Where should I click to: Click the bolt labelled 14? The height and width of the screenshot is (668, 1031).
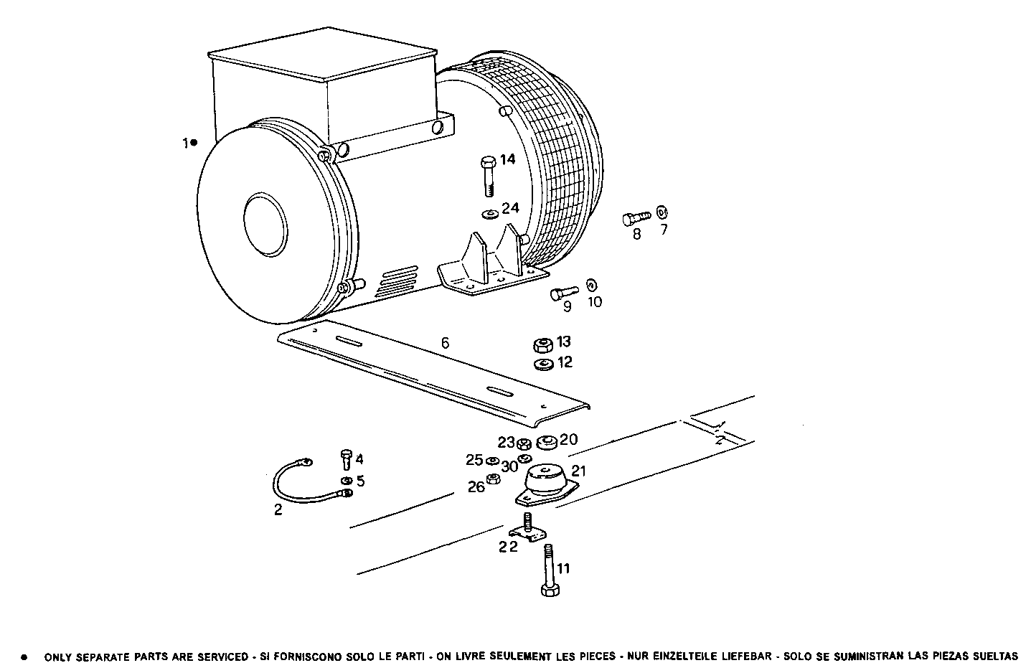[487, 174]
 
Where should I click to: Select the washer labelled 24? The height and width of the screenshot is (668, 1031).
[491, 213]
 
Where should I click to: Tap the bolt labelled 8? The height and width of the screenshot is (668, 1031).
[635, 216]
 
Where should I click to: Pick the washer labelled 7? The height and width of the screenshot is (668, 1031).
[662, 211]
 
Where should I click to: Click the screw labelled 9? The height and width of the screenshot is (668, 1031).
[563, 293]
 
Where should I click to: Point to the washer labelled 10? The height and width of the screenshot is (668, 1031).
[591, 284]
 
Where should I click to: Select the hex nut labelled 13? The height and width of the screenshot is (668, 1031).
[543, 344]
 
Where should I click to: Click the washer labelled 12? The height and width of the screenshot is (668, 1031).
[543, 364]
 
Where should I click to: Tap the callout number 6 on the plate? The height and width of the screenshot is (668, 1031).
[445, 344]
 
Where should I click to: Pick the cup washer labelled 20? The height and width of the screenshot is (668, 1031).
[547, 441]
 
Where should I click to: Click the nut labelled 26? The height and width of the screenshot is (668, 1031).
[493, 479]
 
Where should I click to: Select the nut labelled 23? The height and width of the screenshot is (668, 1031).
[523, 443]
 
